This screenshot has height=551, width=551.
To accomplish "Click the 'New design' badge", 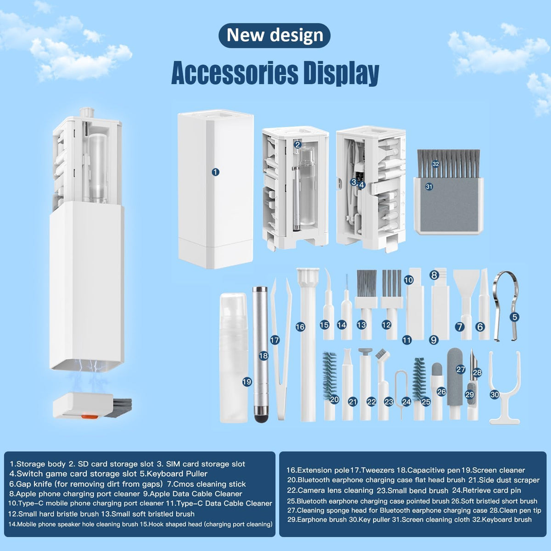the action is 274,35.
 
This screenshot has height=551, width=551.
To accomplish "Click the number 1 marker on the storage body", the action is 215,172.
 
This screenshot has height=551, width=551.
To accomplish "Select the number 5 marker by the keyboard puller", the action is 514,317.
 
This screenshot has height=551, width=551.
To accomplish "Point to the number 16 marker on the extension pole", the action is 300,327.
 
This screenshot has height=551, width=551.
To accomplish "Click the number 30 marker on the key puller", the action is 495,395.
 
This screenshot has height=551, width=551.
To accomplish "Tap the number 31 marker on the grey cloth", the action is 429,187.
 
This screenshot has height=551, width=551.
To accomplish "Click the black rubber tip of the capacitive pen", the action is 261,418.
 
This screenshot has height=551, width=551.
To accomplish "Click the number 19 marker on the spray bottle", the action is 247,382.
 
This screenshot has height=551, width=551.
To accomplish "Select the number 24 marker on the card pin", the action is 406,402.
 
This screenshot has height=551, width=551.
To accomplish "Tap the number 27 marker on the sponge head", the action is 461,370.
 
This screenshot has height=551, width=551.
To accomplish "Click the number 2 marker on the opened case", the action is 298,145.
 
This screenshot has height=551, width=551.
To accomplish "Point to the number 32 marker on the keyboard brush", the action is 435,164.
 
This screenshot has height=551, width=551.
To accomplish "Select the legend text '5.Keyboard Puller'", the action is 174,473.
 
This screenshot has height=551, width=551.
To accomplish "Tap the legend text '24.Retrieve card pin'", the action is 486,490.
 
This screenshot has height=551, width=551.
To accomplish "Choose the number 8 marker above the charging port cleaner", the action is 434,275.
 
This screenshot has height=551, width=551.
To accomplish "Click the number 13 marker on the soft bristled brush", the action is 361,325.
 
